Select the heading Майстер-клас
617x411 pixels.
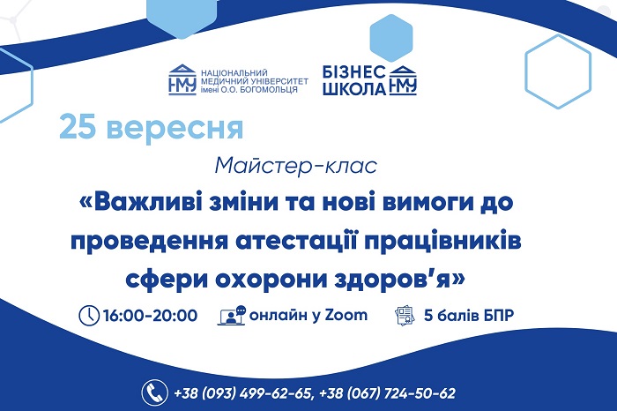pyautogui.click(x=296, y=166)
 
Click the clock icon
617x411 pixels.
pyautogui.click(x=89, y=316)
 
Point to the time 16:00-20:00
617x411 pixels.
pyautogui.click(x=150, y=316)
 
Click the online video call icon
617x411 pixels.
pyautogui.click(x=231, y=316)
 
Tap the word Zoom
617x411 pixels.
pyautogui.click(x=346, y=315)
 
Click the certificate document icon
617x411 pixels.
pyautogui.click(x=405, y=316)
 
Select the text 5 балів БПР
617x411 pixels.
pyautogui.click(x=469, y=316)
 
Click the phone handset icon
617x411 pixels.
pyautogui.click(x=155, y=392)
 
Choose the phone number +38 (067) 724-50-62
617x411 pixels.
pyautogui.click(x=388, y=393)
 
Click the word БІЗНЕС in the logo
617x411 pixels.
pyautogui.click(x=354, y=72)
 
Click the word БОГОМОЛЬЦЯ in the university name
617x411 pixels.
pyautogui.click(x=268, y=89)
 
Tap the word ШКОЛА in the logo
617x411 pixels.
pyautogui.click(x=354, y=89)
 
